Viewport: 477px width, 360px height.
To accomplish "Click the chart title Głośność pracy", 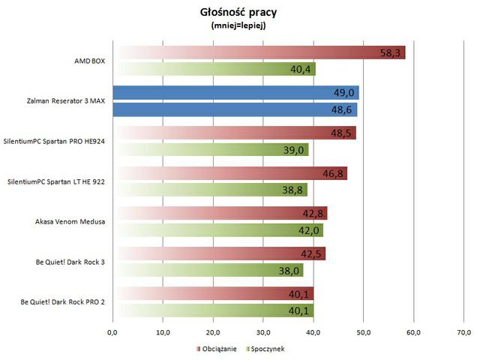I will click(x=238, y=11).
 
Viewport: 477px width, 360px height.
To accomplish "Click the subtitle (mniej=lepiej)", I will click(x=238, y=25).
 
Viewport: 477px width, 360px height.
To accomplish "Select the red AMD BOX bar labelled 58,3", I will click(x=259, y=52).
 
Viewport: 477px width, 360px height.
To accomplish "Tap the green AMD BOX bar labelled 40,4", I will click(x=214, y=69).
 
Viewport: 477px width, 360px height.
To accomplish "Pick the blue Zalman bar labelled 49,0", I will click(x=235, y=92).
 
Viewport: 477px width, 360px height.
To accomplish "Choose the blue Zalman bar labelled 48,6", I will click(x=235, y=109).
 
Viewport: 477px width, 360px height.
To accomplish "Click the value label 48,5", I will click(x=341, y=133).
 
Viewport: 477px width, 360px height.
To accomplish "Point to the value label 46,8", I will click(x=332, y=173).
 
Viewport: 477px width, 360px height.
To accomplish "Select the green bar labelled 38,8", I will click(x=209, y=190).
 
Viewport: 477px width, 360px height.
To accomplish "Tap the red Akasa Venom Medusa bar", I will click(x=220, y=214).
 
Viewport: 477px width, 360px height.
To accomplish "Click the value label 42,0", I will click(x=308, y=231).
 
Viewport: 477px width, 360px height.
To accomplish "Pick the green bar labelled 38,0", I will click(x=208, y=271).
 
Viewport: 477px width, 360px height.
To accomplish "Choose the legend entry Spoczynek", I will click(x=265, y=349).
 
